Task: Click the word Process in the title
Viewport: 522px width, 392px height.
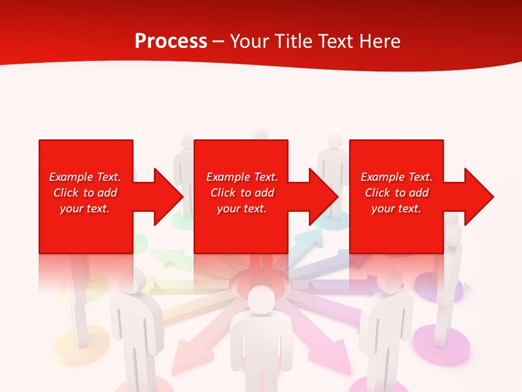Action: [x=171, y=41]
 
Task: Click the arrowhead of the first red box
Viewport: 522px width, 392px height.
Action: [x=166, y=197]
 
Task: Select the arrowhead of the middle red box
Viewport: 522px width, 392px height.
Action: [x=322, y=197]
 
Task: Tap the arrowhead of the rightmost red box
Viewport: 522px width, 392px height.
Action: [x=477, y=197]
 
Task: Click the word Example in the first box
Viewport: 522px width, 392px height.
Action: [x=71, y=177]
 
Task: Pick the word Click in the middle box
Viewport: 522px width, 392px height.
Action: [x=223, y=193]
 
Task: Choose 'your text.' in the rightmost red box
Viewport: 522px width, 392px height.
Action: [x=396, y=209]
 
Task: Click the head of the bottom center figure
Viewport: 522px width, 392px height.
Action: [x=262, y=299]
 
